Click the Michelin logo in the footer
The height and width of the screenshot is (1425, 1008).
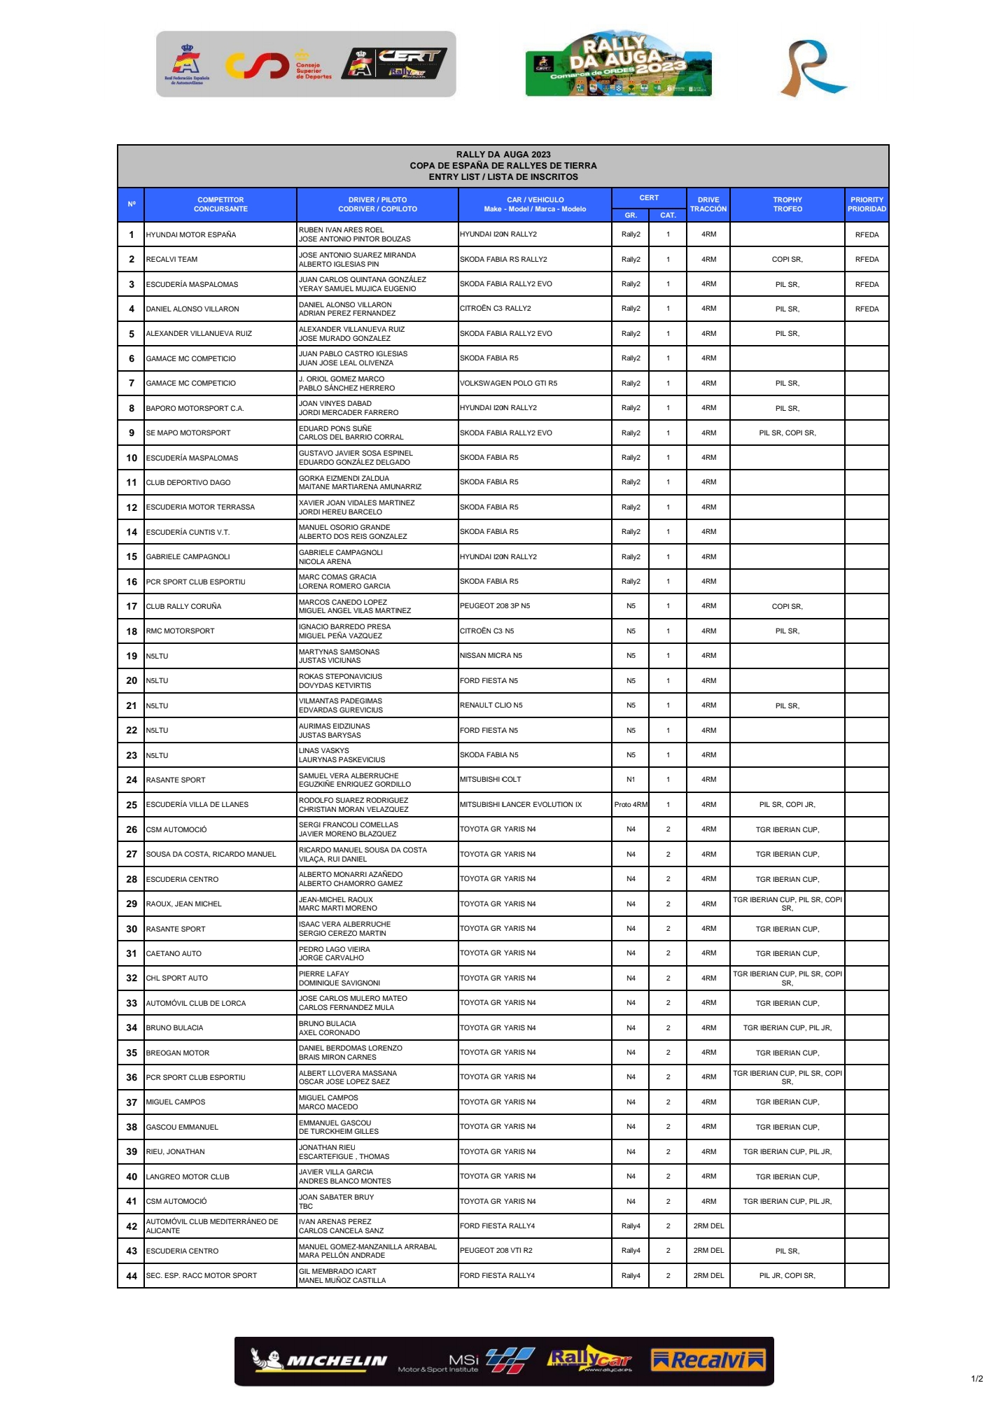point(319,1360)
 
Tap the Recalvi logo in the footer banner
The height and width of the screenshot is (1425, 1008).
point(708,1360)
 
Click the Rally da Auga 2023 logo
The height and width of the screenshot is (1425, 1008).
point(618,64)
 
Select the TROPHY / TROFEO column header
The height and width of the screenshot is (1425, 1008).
point(787,204)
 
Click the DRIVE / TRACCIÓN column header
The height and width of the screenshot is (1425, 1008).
point(708,204)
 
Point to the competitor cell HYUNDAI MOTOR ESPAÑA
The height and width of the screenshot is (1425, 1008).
point(191,234)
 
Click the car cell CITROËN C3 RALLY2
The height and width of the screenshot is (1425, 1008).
point(496,309)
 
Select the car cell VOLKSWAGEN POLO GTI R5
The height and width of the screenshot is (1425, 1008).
point(509,383)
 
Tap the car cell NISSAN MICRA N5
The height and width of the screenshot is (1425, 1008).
point(491,656)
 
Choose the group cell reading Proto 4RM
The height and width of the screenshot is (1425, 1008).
point(631,804)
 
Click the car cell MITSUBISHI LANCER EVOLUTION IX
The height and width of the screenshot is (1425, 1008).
point(521,804)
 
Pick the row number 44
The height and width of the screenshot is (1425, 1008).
point(132,1276)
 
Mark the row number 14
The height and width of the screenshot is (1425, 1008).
point(132,532)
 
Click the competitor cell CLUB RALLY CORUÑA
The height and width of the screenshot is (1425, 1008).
point(183,606)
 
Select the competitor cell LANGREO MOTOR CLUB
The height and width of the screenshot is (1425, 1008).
point(188,1177)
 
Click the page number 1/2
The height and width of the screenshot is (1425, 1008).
point(977,1379)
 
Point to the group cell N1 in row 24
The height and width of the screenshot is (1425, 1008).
point(631,780)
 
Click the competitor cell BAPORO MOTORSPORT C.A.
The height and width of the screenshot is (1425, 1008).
point(195,408)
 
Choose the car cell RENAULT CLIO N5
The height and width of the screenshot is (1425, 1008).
point(491,706)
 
